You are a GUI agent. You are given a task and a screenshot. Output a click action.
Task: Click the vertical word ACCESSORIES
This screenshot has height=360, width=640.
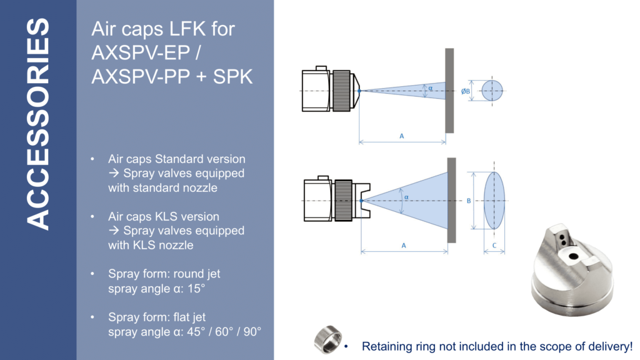38,125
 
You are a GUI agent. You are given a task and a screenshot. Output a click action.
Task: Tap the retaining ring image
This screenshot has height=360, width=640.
327,339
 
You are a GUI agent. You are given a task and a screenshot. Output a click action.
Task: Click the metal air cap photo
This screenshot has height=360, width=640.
572,269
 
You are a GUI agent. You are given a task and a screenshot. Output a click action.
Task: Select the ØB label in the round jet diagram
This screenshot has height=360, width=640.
466,91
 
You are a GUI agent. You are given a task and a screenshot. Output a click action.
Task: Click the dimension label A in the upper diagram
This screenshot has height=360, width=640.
401,135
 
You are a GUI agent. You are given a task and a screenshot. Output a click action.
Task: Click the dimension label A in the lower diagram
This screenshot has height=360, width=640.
404,246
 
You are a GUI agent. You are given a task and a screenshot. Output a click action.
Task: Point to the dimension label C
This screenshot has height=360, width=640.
494,246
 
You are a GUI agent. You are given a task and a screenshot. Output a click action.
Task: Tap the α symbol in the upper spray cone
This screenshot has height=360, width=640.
430,88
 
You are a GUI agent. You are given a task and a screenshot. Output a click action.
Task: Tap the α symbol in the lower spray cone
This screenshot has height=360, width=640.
406,197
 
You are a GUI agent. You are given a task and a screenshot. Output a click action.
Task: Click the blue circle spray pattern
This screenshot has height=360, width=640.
492,91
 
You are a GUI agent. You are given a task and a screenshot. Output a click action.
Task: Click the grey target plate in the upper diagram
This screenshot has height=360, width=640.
449,90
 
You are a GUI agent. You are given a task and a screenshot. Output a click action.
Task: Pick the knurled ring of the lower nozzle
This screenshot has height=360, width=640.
344,200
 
